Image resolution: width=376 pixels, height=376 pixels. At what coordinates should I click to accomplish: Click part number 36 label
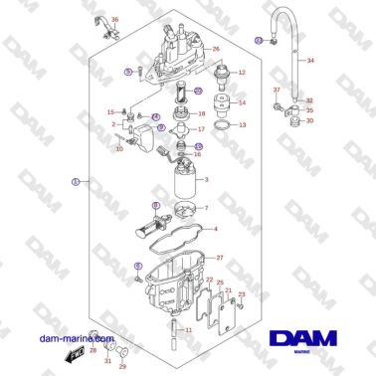click(x=113, y=20)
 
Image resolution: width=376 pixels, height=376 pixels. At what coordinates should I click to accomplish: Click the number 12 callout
click(x=242, y=74)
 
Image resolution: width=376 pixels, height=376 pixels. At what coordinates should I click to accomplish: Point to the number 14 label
click(x=242, y=102)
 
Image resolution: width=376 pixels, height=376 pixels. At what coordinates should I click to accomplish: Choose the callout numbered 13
click(x=242, y=126)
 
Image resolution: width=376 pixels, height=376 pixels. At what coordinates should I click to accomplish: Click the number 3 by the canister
click(x=206, y=179)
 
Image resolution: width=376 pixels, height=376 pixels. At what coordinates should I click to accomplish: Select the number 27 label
click(x=220, y=259)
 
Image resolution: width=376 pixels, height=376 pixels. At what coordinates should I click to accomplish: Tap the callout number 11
click(x=188, y=328)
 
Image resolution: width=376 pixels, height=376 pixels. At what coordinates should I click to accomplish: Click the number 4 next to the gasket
click(x=215, y=230)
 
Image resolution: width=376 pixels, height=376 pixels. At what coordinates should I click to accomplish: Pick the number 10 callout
click(x=119, y=150)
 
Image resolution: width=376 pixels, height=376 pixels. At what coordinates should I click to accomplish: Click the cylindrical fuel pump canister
click(x=182, y=185)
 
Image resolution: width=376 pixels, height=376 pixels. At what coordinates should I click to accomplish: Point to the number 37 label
click(x=277, y=91)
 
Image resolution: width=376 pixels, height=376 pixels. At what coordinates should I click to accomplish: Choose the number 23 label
click(x=241, y=294)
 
